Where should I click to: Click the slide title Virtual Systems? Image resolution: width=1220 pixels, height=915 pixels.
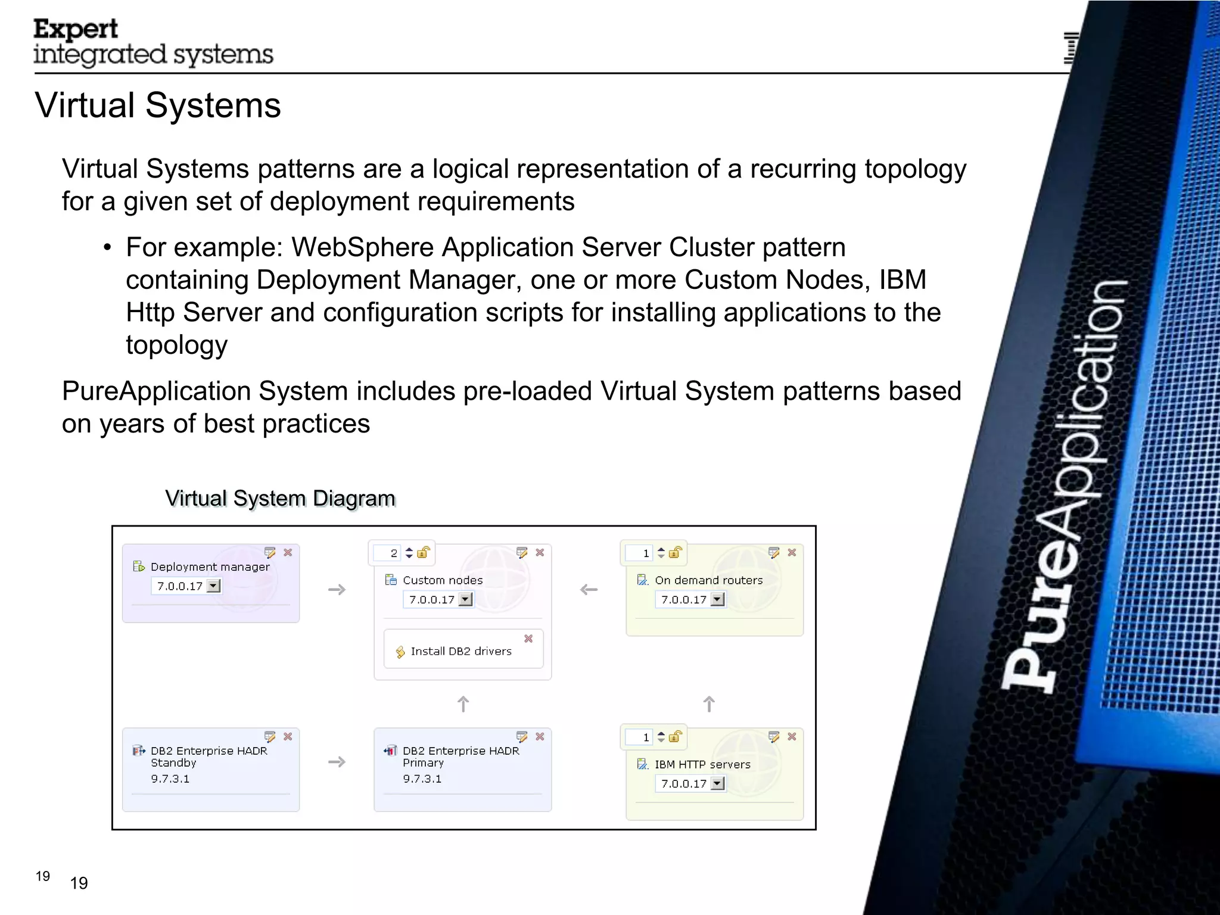tap(158, 105)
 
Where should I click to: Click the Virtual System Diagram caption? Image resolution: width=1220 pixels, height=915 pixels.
tap(280, 499)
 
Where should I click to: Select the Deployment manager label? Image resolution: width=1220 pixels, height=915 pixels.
tap(210, 567)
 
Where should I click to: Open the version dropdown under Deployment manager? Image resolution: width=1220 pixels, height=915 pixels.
tap(213, 586)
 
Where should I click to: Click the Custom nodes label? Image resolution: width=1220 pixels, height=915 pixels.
tap(443, 580)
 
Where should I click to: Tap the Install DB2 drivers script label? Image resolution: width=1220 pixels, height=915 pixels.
tap(461, 652)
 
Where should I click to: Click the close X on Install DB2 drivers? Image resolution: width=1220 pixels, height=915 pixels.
tap(528, 639)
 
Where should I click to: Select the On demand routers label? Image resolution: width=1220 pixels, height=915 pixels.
tap(708, 580)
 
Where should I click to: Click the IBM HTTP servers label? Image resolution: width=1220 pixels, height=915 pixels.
tap(702, 764)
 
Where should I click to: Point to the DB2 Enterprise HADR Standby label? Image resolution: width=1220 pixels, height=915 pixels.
tap(208, 757)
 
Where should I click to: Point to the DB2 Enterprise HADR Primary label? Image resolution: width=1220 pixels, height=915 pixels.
tap(460, 757)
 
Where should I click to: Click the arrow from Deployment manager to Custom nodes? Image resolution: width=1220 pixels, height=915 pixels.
tap(337, 590)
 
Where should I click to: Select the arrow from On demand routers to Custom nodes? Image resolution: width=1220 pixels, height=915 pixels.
tap(589, 590)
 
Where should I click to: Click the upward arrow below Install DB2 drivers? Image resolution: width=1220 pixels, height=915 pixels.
tap(463, 705)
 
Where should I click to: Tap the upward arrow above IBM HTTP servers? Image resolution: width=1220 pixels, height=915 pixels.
tap(709, 705)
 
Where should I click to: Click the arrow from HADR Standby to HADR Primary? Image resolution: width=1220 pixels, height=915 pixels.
tap(337, 762)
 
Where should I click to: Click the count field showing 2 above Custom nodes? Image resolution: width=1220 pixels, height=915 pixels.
tap(388, 553)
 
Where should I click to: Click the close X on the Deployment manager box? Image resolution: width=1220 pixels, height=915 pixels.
tap(288, 553)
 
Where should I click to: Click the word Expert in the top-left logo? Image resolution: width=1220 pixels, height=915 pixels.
tap(76, 29)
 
